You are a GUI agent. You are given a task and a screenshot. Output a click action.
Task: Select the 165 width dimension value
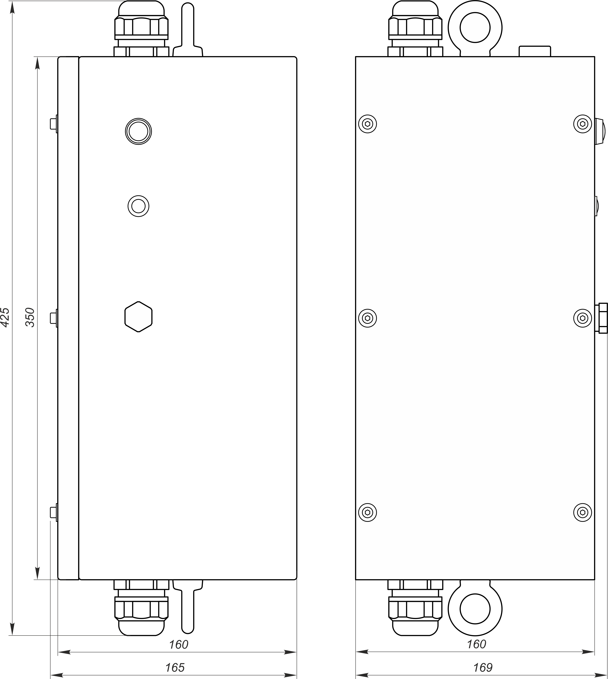coord(175,667)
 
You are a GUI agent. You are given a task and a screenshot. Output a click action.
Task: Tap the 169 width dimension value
coord(483,667)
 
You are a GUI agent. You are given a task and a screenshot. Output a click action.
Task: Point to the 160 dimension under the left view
coord(179,644)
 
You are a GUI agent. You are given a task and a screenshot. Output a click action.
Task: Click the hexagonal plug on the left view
coord(138,317)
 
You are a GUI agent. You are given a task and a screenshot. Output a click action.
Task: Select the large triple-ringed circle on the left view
coord(138,131)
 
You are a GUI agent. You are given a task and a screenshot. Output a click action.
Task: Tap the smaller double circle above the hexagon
coord(138,206)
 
